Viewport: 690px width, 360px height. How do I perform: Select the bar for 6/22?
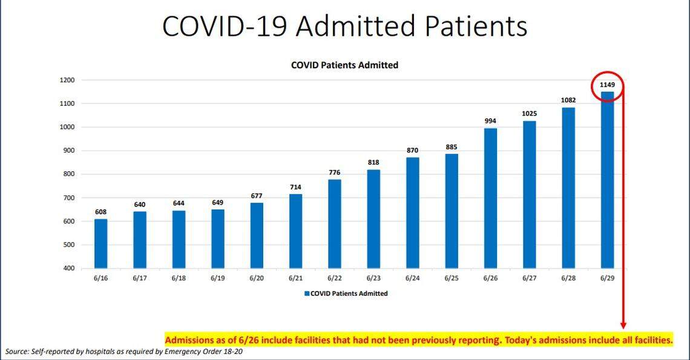334,223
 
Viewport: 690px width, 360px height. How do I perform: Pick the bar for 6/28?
568,188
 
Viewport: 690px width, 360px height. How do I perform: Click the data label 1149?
607,85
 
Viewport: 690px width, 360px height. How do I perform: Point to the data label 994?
490,121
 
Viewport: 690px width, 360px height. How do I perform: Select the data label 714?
295,187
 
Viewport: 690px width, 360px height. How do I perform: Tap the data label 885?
452,147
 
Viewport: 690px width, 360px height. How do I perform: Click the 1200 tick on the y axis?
67,80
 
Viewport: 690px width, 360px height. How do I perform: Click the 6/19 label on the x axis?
217,278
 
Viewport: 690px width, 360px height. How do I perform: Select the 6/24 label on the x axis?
412,278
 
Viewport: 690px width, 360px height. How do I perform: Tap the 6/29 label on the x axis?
607,278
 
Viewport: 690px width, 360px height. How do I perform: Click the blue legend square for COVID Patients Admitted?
306,293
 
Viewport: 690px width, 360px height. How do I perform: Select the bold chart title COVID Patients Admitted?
344,65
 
